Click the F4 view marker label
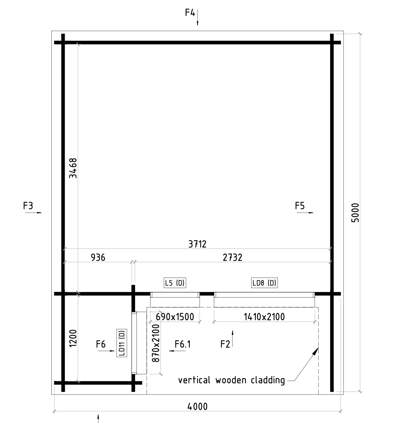tap(190, 13)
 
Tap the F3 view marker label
tap(28, 206)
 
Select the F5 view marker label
tap(300, 206)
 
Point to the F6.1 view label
tap(182, 344)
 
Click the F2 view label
tap(225, 344)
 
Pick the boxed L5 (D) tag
tap(175, 283)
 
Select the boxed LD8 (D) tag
tap(264, 283)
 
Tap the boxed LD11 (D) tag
tap(122, 343)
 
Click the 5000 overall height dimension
tap(355, 213)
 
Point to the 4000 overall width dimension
tap(198, 407)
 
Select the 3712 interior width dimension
tap(198, 244)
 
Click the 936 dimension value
tap(98, 258)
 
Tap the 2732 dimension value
tap(233, 258)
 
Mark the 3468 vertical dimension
tap(73, 168)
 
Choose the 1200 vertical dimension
tap(73, 338)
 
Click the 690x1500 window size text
tap(175, 317)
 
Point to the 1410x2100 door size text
tap(264, 317)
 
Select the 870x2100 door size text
tap(156, 343)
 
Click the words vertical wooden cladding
tap(232, 380)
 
